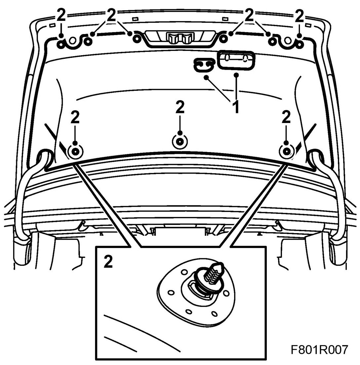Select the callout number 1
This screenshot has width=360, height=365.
[236, 107]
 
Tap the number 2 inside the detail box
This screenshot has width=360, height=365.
[108, 262]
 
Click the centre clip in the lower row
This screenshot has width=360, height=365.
[179, 142]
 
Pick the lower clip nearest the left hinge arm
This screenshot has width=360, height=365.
[75, 151]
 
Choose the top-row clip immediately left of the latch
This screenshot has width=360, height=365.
[135, 39]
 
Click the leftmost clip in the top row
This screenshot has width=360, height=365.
[61, 42]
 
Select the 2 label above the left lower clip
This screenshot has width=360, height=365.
[75, 118]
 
